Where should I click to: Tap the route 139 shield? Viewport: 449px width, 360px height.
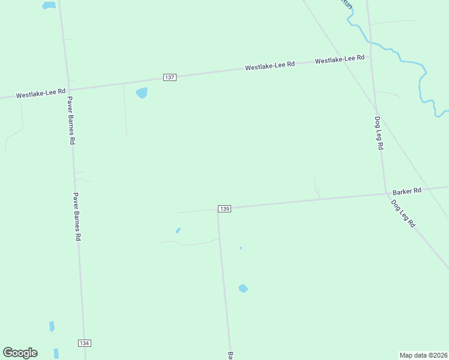tap(224, 208)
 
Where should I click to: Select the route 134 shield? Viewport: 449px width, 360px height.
tap(84, 343)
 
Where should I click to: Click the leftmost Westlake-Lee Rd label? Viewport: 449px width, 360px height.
tap(41, 94)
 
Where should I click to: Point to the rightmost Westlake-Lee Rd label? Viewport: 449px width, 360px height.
tap(340, 59)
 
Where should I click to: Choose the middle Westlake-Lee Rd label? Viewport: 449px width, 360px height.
tap(270, 67)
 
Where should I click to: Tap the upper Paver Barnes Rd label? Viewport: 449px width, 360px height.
tap(71, 121)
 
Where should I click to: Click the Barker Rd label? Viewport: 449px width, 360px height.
tap(407, 191)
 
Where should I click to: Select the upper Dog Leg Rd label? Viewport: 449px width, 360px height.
tap(379, 133)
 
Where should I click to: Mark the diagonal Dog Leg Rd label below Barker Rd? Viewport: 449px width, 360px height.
tap(403, 213)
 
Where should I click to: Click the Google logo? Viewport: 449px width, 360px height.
tap(20, 353)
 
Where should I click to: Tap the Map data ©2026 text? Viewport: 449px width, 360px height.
tap(424, 355)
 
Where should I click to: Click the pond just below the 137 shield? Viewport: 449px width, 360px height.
tap(142, 92)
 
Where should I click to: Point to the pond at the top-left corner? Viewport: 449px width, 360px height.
tap(49, 5)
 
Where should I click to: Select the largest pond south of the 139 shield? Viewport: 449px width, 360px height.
tap(243, 288)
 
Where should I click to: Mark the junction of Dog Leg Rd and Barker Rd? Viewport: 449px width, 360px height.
tap(385, 193)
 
